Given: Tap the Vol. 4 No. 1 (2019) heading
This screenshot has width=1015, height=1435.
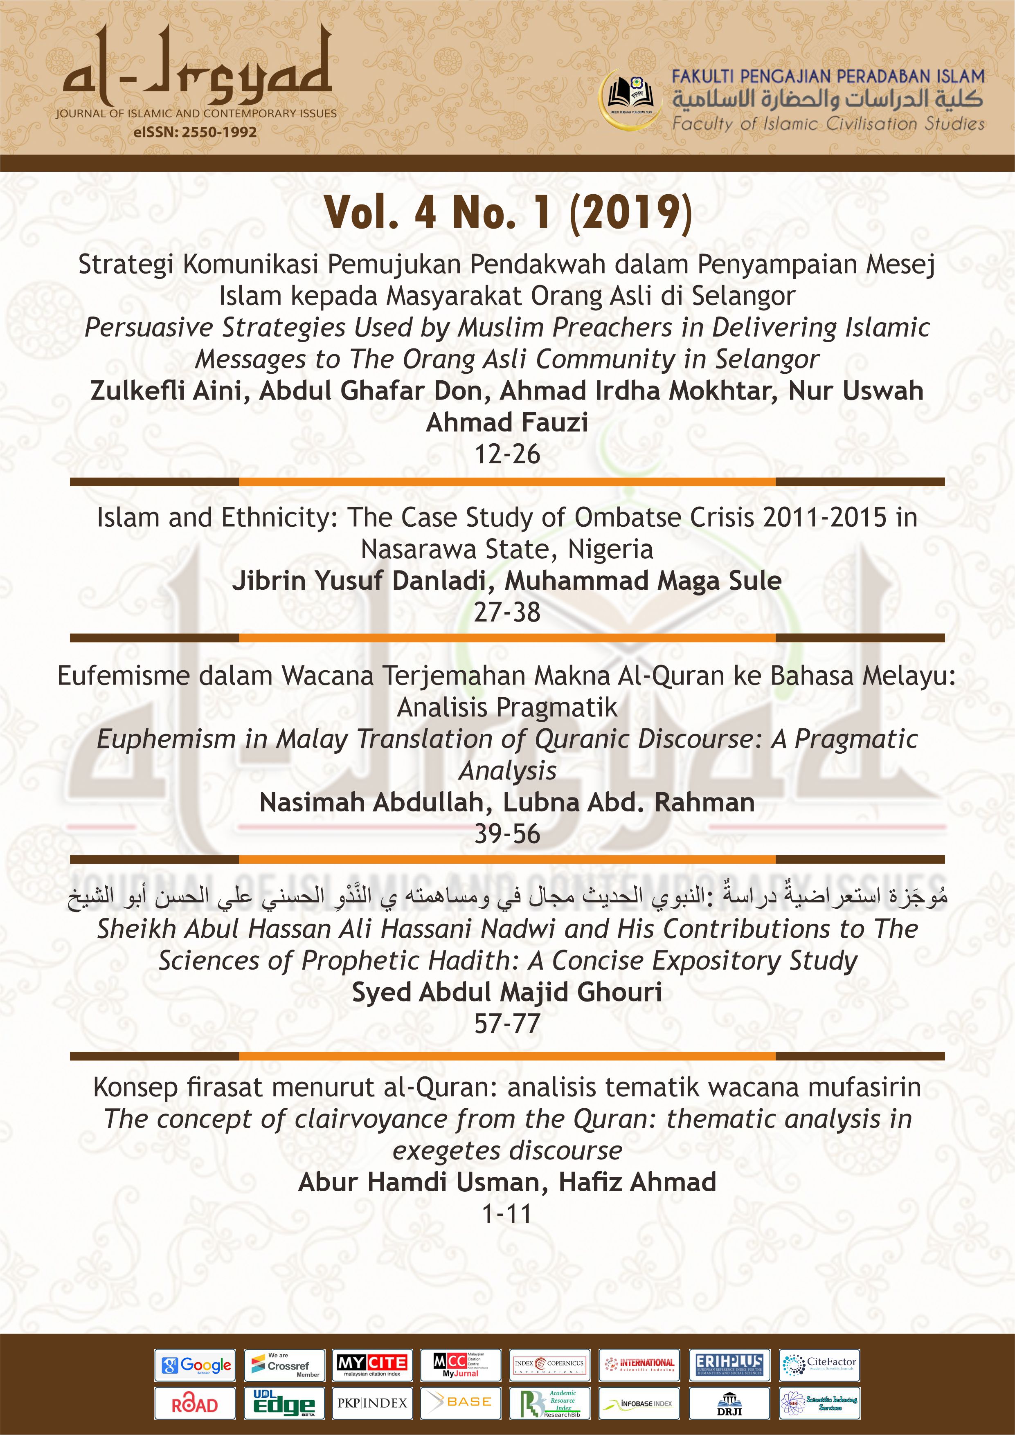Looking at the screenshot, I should point(507,213).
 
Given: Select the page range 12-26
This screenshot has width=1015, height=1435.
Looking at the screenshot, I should point(507,454).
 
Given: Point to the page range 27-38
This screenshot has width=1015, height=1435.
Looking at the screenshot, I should point(507,612).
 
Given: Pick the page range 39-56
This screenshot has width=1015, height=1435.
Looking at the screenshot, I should point(507,834).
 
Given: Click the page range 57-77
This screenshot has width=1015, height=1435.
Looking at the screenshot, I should point(507,1024).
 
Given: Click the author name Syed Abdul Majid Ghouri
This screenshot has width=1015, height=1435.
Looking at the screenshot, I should point(507,992).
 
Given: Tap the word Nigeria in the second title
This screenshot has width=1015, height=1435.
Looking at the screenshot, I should point(610,549).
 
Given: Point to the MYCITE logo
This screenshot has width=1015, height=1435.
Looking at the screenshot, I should point(372,1365).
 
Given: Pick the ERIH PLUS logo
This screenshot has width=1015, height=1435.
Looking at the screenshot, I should point(729,1365).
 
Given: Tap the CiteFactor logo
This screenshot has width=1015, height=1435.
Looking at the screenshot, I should point(819,1365).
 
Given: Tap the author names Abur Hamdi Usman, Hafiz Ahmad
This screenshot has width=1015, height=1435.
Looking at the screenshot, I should point(507,1182).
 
